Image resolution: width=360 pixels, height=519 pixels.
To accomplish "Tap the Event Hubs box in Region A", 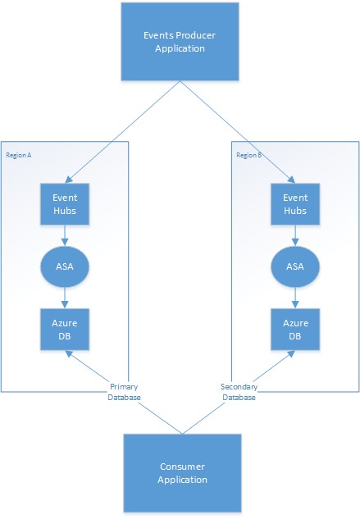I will [65, 203].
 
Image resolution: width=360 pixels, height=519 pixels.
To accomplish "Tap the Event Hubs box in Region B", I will [295, 203].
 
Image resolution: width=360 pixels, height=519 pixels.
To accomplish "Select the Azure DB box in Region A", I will [65, 328].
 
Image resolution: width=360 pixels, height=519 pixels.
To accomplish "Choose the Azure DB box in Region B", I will [295, 328].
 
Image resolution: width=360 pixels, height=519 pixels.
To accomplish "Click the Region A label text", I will [19, 154].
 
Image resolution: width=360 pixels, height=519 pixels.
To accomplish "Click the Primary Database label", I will [125, 392].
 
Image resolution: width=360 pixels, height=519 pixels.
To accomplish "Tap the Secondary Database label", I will [239, 392].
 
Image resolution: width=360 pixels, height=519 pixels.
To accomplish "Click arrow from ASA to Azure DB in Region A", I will [65, 296].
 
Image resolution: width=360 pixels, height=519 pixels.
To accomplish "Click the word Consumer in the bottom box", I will [183, 467].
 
